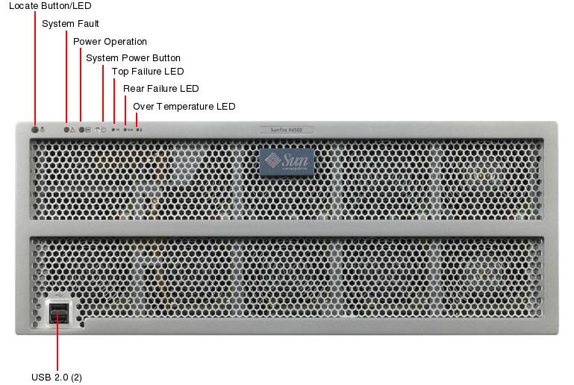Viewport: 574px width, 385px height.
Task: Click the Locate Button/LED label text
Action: (x=49, y=6)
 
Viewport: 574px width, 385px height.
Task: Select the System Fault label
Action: (x=70, y=24)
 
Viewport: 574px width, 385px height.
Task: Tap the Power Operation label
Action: (x=110, y=42)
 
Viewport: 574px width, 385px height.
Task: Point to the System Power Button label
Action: (x=133, y=58)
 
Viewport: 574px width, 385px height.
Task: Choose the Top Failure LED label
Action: (x=147, y=72)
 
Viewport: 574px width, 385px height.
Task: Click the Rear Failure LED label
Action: (x=160, y=89)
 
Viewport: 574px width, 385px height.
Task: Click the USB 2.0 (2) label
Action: (x=57, y=378)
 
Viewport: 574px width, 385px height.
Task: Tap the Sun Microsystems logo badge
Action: (x=287, y=162)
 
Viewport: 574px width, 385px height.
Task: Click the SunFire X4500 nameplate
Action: (x=286, y=130)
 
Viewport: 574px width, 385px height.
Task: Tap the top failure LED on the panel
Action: (x=113, y=129)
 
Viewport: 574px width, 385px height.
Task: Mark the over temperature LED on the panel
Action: (x=138, y=129)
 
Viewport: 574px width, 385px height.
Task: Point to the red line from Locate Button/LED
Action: (x=35, y=67)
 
